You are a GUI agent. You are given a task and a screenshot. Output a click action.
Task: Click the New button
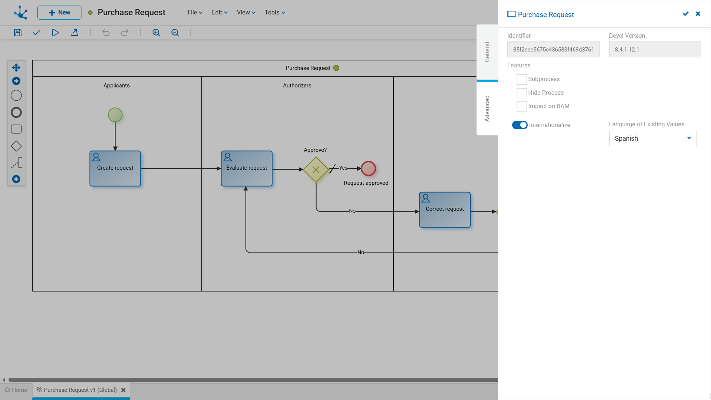pyautogui.click(x=59, y=13)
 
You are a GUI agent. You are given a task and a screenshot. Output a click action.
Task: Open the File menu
pyautogui.click(x=195, y=13)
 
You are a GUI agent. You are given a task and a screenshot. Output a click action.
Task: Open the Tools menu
pyautogui.click(x=275, y=13)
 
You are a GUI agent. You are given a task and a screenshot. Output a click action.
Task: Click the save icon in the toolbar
pyautogui.click(x=18, y=33)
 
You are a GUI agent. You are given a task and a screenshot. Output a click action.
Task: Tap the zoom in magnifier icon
pyautogui.click(x=156, y=33)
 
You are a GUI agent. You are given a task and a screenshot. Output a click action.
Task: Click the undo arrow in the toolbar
pyautogui.click(x=106, y=33)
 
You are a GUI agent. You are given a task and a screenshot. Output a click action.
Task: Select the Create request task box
pyautogui.click(x=115, y=169)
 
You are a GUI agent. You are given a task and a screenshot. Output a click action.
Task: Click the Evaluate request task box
pyautogui.click(x=247, y=169)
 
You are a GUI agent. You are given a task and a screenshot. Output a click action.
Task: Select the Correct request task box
pyautogui.click(x=445, y=210)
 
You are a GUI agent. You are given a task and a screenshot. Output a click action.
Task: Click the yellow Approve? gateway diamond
pyautogui.click(x=316, y=170)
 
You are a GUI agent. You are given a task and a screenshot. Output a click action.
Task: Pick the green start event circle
pyautogui.click(x=115, y=115)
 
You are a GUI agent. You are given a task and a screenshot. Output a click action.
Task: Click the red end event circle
pyautogui.click(x=368, y=169)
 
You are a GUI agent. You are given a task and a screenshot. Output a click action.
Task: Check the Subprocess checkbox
pyautogui.click(x=521, y=79)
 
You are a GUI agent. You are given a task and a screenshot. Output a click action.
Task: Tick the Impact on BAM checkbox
pyautogui.click(x=521, y=106)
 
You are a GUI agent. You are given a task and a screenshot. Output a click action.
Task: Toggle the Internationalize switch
pyautogui.click(x=520, y=125)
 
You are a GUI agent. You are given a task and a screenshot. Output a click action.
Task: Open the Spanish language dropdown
pyautogui.click(x=653, y=139)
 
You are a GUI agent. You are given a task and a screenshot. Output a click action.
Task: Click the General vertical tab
pyautogui.click(x=487, y=52)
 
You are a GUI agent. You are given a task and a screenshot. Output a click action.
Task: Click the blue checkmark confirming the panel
pyautogui.click(x=686, y=14)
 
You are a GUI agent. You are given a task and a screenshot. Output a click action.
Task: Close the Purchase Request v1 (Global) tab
pyautogui.click(x=123, y=390)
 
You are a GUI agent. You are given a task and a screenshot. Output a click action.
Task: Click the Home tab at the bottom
pyautogui.click(x=16, y=390)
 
